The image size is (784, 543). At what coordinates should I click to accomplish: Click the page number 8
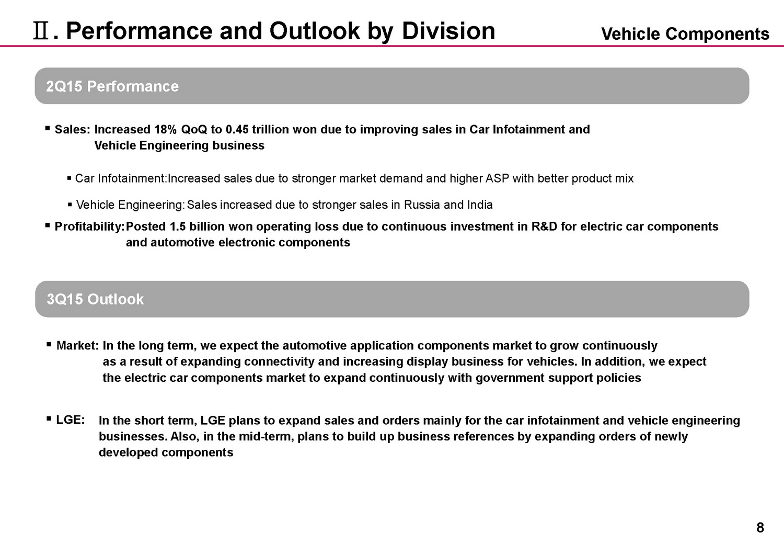click(x=760, y=528)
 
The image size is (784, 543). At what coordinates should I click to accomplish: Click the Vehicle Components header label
click(x=685, y=34)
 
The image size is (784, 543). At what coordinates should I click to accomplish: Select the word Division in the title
click(x=448, y=31)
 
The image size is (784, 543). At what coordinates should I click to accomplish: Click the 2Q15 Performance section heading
click(x=112, y=86)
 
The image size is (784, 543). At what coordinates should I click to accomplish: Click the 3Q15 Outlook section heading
click(x=95, y=299)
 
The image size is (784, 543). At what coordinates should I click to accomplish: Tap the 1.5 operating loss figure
click(x=178, y=227)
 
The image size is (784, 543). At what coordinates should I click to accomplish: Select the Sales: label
click(x=73, y=130)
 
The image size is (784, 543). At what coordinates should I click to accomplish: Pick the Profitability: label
click(x=89, y=227)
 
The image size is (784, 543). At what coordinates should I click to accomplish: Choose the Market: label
click(x=77, y=346)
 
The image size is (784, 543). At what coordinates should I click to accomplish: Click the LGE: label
click(x=71, y=420)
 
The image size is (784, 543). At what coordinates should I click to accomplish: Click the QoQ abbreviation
click(x=194, y=130)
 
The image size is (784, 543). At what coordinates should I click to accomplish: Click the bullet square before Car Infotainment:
click(x=70, y=179)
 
